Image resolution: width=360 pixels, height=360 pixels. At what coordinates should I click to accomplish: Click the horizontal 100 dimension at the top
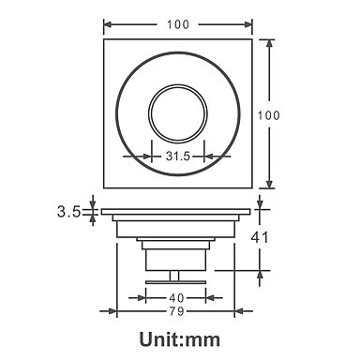coord(178,24)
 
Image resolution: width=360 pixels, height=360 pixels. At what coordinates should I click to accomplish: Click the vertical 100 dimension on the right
coord(269,115)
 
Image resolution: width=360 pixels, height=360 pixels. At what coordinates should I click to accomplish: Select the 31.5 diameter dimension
coord(178,156)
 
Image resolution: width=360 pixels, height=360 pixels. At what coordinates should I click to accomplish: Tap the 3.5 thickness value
coord(68,212)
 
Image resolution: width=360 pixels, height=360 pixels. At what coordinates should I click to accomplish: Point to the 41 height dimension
coord(260,237)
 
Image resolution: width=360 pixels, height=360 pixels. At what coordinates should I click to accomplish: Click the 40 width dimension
coord(176,298)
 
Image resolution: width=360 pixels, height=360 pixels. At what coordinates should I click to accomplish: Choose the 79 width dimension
coord(176,311)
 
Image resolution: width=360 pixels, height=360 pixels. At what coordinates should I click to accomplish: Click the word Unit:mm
coord(180,339)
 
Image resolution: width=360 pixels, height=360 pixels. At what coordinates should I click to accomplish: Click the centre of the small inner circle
coord(178,113)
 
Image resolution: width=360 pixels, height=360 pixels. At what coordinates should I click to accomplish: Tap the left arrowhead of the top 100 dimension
coord(107,24)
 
